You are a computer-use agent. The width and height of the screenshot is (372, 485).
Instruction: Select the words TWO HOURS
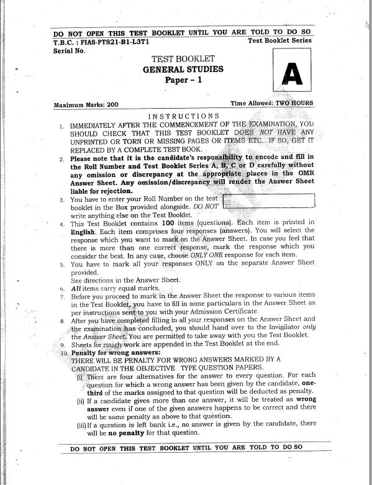294,103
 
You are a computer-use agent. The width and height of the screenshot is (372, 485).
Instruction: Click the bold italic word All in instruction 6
76,288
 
